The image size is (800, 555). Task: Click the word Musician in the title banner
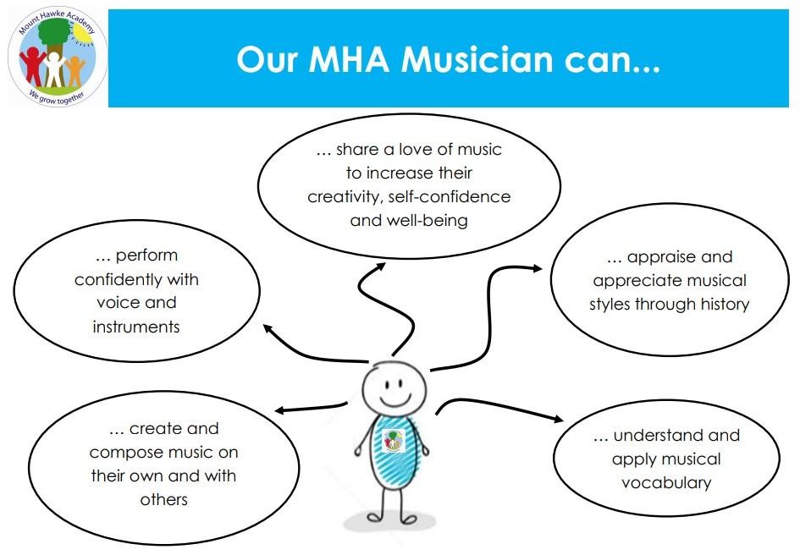click(x=477, y=59)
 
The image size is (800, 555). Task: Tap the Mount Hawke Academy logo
click(x=58, y=56)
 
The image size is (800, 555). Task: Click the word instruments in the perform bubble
click(x=136, y=327)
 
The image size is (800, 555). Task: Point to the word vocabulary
click(x=666, y=482)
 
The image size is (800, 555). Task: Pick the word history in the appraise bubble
click(x=725, y=304)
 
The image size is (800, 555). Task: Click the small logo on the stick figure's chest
click(x=394, y=440)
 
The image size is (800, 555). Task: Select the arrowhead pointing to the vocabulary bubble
click(x=558, y=419)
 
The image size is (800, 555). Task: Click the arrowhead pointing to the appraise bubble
click(x=536, y=268)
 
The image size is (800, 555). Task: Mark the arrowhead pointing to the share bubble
click(x=380, y=267)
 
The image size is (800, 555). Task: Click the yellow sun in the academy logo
click(x=82, y=34)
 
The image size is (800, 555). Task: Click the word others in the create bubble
click(x=163, y=499)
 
